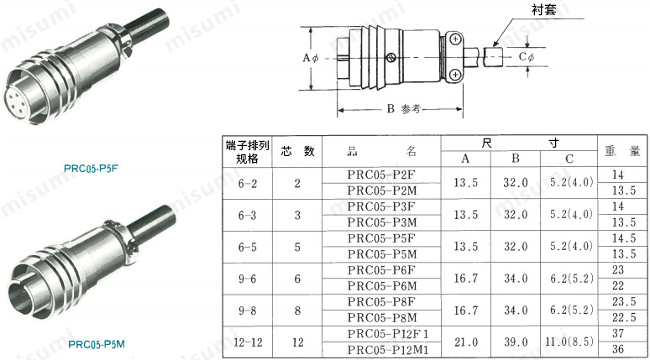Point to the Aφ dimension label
click(310, 58)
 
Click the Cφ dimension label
click(527, 57)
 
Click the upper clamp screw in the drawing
click(454, 39)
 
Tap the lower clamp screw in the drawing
click(454, 76)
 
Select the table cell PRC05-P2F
click(381, 175)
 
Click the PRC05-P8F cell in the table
click(381, 302)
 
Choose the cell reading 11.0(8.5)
click(569, 342)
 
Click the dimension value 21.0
click(466, 342)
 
